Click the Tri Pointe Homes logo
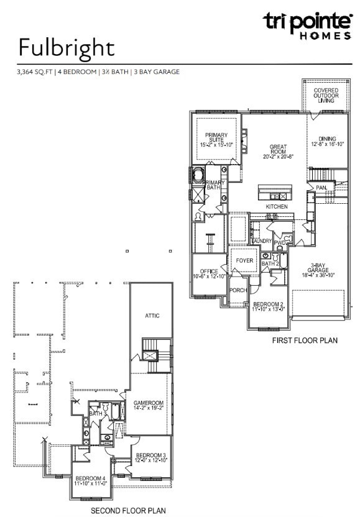tap(307, 25)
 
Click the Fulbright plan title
tap(67, 48)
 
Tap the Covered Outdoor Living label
tap(326, 95)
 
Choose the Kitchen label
tap(277, 206)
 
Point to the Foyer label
tap(245, 260)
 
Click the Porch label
tap(238, 290)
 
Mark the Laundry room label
tap(261, 240)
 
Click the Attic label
tap(152, 316)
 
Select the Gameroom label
tap(148, 405)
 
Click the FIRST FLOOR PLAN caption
tap(305, 341)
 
